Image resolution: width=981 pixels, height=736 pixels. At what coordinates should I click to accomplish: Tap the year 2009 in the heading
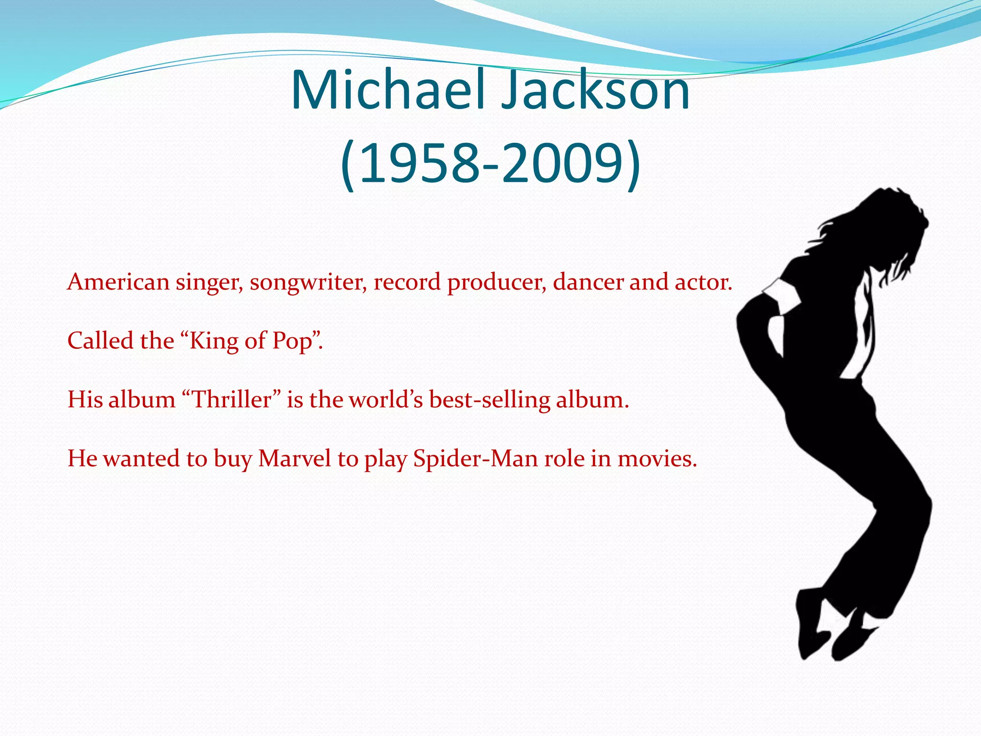pyautogui.click(x=561, y=164)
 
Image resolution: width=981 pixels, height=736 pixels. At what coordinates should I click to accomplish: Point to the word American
pyautogui.click(x=118, y=282)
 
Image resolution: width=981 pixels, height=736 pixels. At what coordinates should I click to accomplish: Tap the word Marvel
pyautogui.click(x=295, y=459)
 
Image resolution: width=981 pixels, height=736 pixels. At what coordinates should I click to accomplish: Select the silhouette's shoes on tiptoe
pyautogui.click(x=833, y=632)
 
